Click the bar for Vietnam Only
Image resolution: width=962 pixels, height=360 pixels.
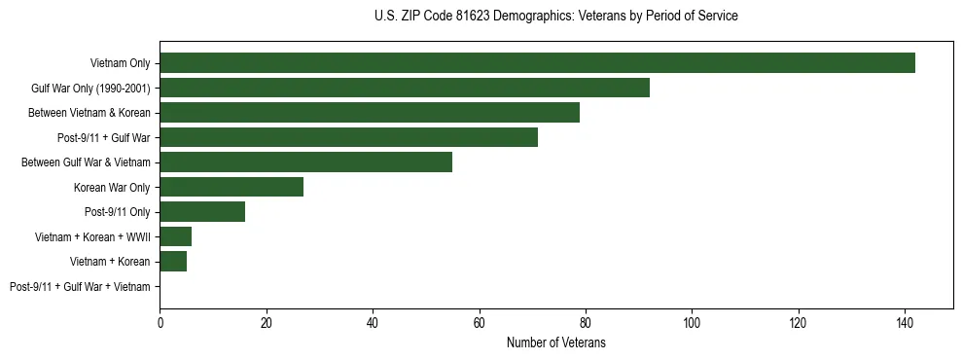pos(537,63)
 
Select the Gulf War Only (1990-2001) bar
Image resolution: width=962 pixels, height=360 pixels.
pos(405,88)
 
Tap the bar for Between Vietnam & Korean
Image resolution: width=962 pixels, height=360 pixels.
pos(370,113)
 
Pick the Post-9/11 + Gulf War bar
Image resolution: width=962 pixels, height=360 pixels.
pos(348,137)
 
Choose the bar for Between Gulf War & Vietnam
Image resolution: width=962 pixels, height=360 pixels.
pos(305,162)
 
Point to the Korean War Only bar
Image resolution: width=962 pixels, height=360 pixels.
pos(232,187)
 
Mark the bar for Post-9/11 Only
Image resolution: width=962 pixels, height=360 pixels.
pos(202,212)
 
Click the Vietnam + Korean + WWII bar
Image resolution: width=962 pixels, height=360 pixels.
pos(176,236)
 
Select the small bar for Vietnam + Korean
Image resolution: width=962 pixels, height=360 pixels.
pos(173,262)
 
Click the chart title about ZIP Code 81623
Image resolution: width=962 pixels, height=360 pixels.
pos(555,17)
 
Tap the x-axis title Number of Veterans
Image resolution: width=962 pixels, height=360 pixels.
pos(555,342)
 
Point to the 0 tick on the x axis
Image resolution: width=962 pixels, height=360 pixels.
pos(160,321)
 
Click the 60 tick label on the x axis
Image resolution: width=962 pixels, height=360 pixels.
pos(479,321)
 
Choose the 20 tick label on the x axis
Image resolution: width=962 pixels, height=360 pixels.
pos(267,321)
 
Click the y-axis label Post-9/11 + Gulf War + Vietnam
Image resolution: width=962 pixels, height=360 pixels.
pos(80,287)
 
